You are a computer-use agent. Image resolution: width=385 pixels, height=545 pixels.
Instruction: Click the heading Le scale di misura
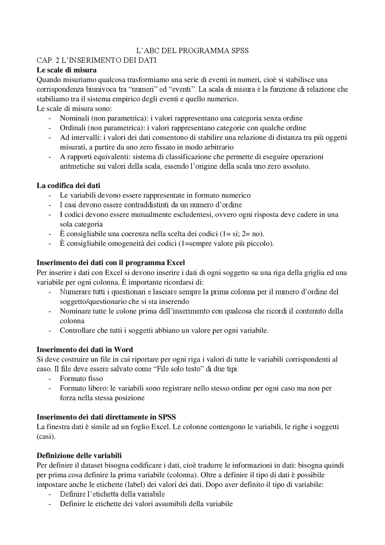click(x=66, y=70)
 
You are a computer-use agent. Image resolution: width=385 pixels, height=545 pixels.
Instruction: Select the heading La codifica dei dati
click(x=68, y=185)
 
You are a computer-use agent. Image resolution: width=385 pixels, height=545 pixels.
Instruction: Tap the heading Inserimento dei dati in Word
click(x=85, y=349)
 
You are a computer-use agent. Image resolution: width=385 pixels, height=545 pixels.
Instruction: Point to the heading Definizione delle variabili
click(x=79, y=455)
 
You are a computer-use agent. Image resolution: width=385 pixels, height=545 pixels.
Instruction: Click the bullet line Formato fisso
click(x=81, y=379)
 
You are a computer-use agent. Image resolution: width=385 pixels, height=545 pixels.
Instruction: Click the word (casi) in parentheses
click(x=46, y=436)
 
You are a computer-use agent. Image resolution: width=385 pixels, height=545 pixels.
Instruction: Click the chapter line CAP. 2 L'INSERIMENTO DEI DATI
click(x=97, y=60)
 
